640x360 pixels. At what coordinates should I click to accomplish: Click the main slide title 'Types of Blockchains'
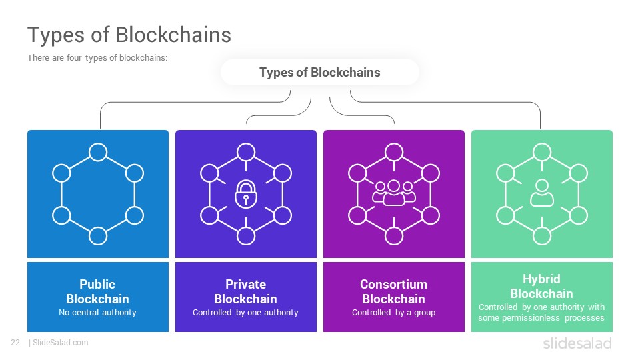(129, 35)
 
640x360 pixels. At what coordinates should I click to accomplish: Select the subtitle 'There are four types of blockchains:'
(97, 57)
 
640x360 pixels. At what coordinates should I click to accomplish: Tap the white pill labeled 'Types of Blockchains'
(319, 72)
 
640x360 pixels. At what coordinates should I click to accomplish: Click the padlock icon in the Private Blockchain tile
(246, 194)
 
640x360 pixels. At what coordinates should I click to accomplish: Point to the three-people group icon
(394, 193)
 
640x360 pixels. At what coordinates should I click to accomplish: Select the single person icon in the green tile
(541, 193)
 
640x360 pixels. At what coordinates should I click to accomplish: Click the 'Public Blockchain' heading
(97, 291)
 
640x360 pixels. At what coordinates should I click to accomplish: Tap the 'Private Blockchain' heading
(246, 291)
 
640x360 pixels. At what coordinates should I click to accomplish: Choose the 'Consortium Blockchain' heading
(394, 291)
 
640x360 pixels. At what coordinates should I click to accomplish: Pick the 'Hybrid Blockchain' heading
(541, 286)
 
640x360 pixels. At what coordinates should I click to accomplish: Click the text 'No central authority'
(97, 312)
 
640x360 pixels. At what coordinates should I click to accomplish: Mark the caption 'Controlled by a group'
(394, 313)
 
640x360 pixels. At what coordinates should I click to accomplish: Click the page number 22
(15, 343)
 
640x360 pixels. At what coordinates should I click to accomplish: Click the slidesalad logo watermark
(577, 343)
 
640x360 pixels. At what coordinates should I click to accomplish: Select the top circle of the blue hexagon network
(98, 152)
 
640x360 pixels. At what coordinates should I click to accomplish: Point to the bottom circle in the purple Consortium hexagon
(394, 236)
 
